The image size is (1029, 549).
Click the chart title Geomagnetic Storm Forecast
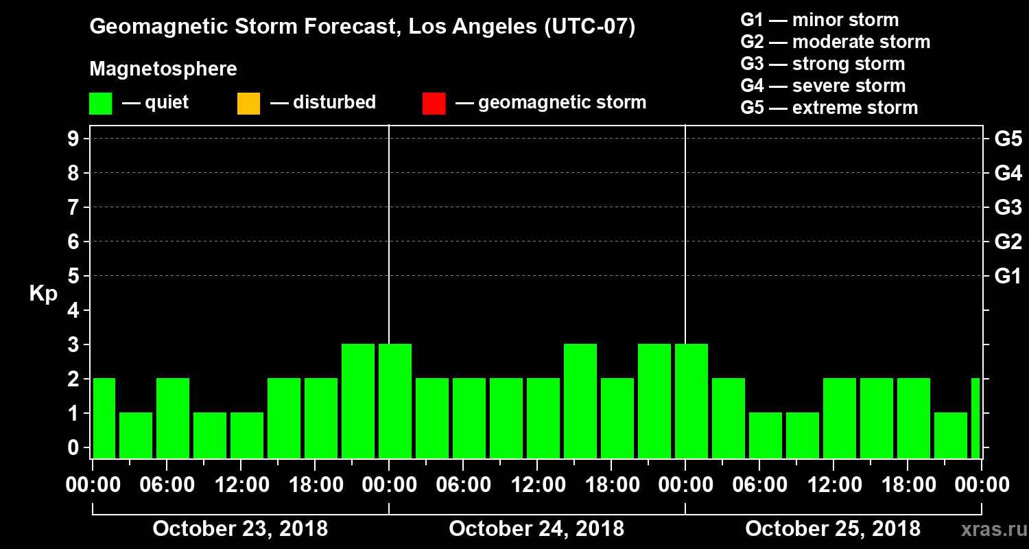pos(362,27)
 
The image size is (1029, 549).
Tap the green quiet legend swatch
pos(100,104)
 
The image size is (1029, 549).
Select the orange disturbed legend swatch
pos(248,104)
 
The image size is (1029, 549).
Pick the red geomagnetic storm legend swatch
pos(434,104)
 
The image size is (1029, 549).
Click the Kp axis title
pos(43,293)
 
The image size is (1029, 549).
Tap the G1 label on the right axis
pos(1008,276)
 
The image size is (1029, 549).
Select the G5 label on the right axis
pos(1008,139)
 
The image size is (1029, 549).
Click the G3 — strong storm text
pos(823,64)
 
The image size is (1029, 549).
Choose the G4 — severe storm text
pos(823,86)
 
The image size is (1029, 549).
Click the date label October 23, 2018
pos(240,529)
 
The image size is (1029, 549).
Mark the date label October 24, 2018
pos(536,529)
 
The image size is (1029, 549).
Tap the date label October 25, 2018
pos(833,529)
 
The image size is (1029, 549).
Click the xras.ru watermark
pos(989,529)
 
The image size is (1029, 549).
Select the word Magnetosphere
pos(163,69)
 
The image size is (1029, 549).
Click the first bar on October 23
pos(104,418)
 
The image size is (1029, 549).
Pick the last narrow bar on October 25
pos(975,418)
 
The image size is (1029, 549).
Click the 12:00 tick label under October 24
pos(536,485)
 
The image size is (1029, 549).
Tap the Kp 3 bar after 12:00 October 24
pos(580,401)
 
